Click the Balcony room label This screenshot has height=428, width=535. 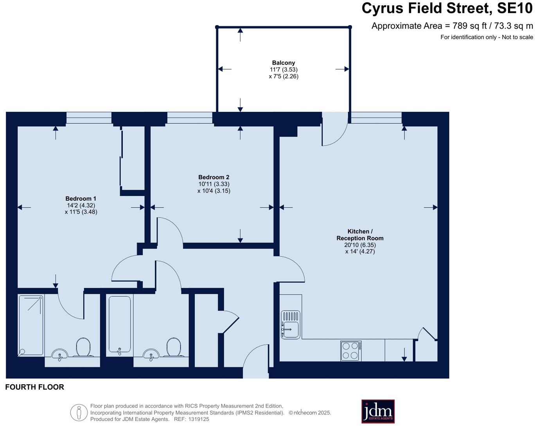pyautogui.click(x=284, y=63)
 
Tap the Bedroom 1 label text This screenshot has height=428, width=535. pyautogui.click(x=81, y=199)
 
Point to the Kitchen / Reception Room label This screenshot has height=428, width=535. pyautogui.click(x=360, y=235)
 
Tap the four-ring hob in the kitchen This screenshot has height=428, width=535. pyautogui.click(x=351, y=351)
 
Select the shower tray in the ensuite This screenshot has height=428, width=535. pyautogui.click(x=31, y=325)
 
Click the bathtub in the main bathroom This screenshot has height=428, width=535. pyautogui.click(x=120, y=325)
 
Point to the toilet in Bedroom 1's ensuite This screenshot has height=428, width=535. pyautogui.click(x=83, y=347)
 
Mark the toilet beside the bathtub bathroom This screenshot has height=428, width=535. pyautogui.click(x=174, y=347)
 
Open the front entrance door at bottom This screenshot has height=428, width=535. pyautogui.click(x=256, y=362)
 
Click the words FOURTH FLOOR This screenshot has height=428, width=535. pyautogui.click(x=34, y=387)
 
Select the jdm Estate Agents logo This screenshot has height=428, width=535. pyautogui.click(x=378, y=412)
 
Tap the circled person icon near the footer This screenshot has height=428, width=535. pyautogui.click(x=79, y=412)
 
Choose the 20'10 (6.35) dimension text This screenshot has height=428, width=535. pyautogui.click(x=360, y=245)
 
